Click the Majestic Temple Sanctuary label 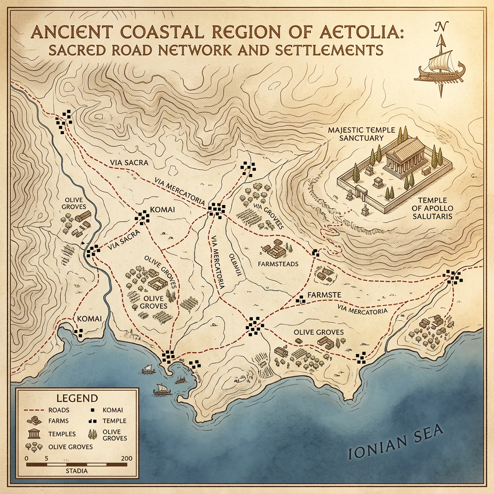[x=361, y=134]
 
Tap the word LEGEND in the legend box [x=77, y=398]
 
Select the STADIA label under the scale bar [x=75, y=471]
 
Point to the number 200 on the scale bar [x=128, y=458]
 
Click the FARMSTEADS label [x=278, y=264]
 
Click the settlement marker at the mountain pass [x=63, y=121]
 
